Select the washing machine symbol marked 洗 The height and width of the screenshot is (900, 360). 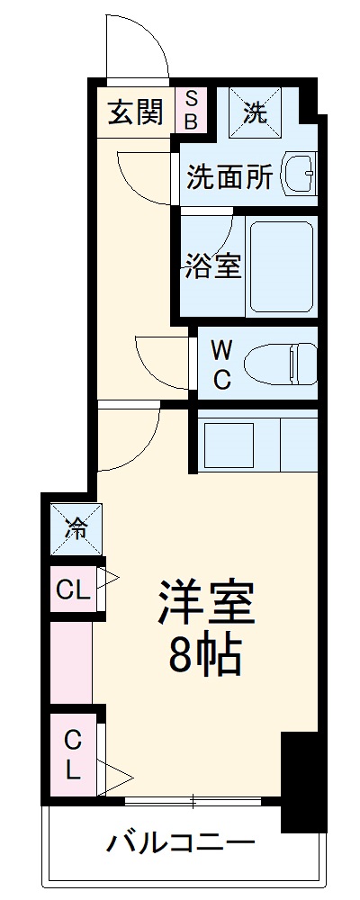pos(256,112)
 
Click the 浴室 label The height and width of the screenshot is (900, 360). pos(214,265)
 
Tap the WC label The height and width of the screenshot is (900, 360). pos(222,364)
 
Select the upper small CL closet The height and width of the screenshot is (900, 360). pos(73,590)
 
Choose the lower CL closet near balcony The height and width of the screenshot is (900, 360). pos(72,754)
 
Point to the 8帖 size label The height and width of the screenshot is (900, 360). pos(205,658)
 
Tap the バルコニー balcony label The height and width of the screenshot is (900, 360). pos(181,843)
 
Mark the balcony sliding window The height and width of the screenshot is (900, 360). pos(193,799)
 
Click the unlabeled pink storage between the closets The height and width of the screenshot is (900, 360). pos(71,663)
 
